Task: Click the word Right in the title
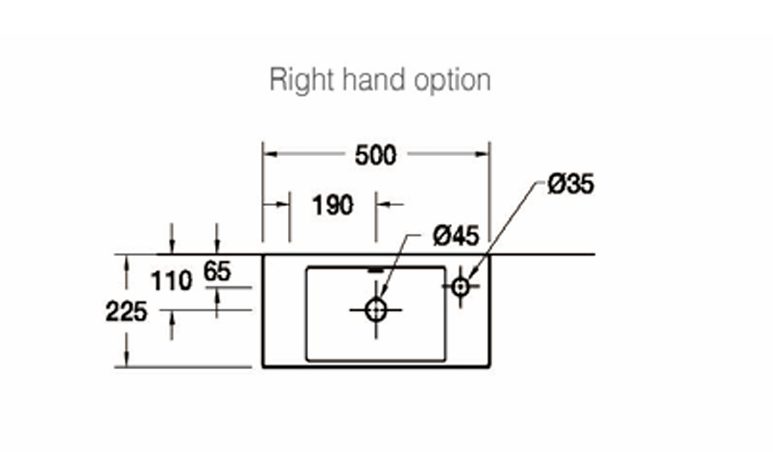pyautogui.click(x=297, y=80)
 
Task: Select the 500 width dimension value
pyautogui.click(x=376, y=155)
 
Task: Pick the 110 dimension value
pyautogui.click(x=172, y=281)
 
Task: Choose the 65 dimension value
pyautogui.click(x=217, y=270)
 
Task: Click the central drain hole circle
pyautogui.click(x=376, y=310)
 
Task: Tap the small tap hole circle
pyautogui.click(x=461, y=286)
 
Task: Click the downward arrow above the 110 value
pyautogui.click(x=172, y=248)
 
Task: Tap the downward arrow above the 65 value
pyautogui.click(x=217, y=248)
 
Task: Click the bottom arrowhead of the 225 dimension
pyautogui.click(x=127, y=361)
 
